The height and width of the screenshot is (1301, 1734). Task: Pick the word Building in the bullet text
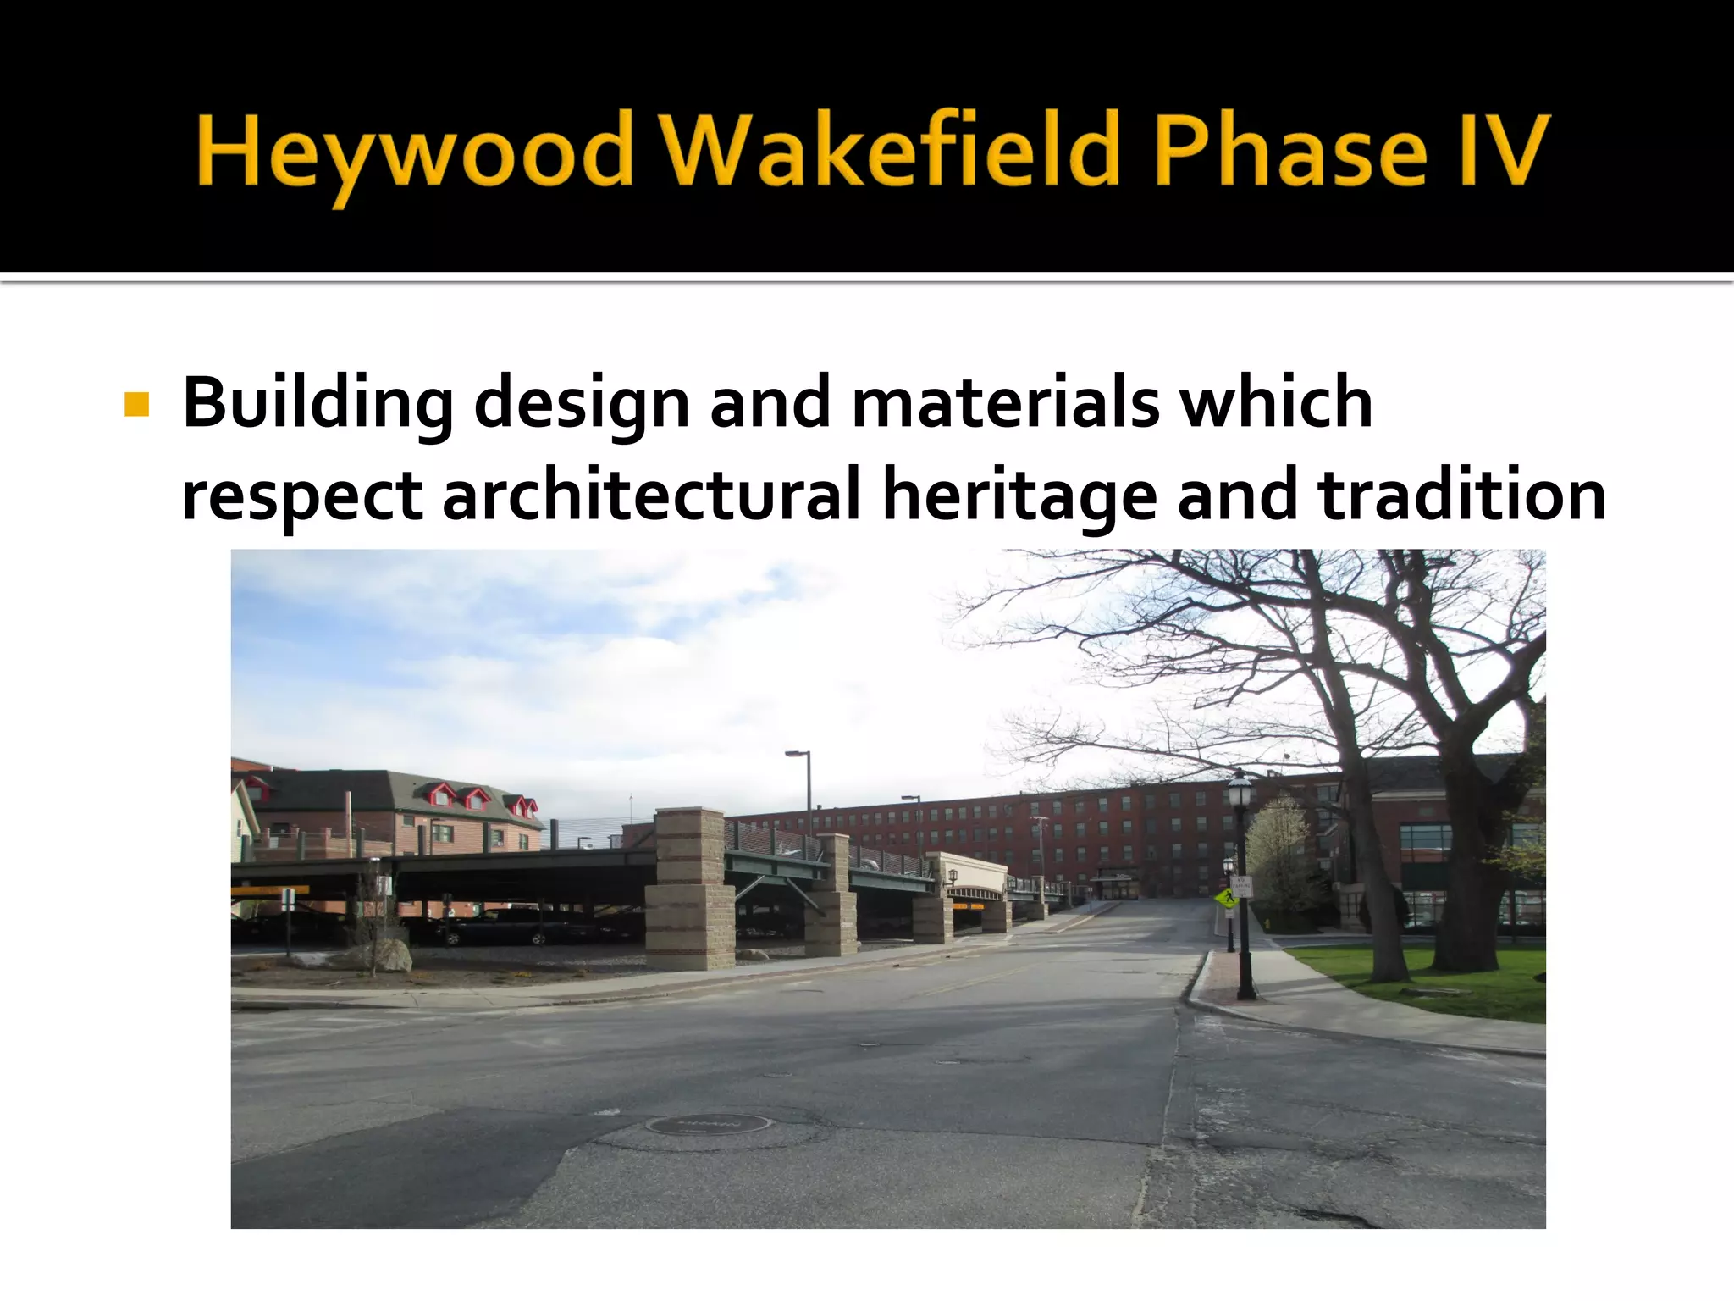click(318, 404)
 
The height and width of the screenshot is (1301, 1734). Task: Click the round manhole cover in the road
click(708, 1125)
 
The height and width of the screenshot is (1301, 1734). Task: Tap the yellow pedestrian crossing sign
click(1223, 897)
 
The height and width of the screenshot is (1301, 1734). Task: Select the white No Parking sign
click(1241, 888)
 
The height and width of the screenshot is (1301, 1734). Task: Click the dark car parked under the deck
click(500, 927)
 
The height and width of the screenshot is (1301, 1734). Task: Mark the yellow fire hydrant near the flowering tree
click(1267, 922)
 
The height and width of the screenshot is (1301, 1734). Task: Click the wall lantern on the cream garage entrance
click(953, 875)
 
